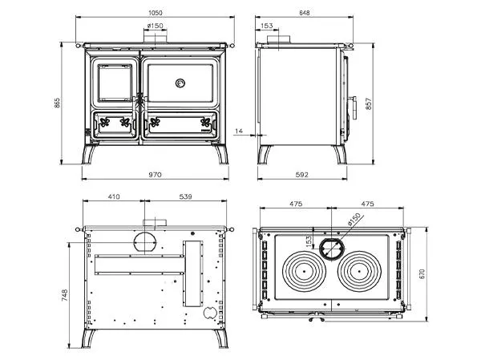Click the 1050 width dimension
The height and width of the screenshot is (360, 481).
pyautogui.click(x=156, y=13)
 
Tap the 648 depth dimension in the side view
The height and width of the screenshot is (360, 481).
pyautogui.click(x=304, y=13)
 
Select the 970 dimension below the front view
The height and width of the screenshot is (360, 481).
pyautogui.click(x=155, y=175)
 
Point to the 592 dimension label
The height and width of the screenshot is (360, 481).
pyautogui.click(x=302, y=175)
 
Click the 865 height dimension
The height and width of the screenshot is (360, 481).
pyautogui.click(x=57, y=103)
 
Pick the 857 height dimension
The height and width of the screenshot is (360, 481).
pyautogui.click(x=369, y=103)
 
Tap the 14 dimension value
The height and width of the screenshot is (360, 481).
pyautogui.click(x=239, y=131)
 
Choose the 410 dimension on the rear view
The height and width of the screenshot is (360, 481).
pyautogui.click(x=114, y=196)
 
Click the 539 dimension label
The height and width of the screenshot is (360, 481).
pyautogui.click(x=186, y=196)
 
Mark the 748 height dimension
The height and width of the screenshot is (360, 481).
pyautogui.click(x=65, y=295)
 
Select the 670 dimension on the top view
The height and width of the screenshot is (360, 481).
pyautogui.click(x=422, y=273)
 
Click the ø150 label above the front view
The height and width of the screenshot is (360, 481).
pyautogui.click(x=156, y=26)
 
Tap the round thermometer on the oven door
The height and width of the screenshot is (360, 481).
pyautogui.click(x=180, y=83)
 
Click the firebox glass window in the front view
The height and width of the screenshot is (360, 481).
pyautogui.click(x=115, y=83)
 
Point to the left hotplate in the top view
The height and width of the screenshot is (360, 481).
pyautogui.click(x=304, y=272)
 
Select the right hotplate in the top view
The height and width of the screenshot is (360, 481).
pyautogui.click(x=359, y=272)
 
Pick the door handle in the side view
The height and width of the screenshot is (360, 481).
pyautogui.click(x=354, y=107)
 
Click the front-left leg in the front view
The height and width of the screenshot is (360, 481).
pyautogui.click(x=89, y=154)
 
